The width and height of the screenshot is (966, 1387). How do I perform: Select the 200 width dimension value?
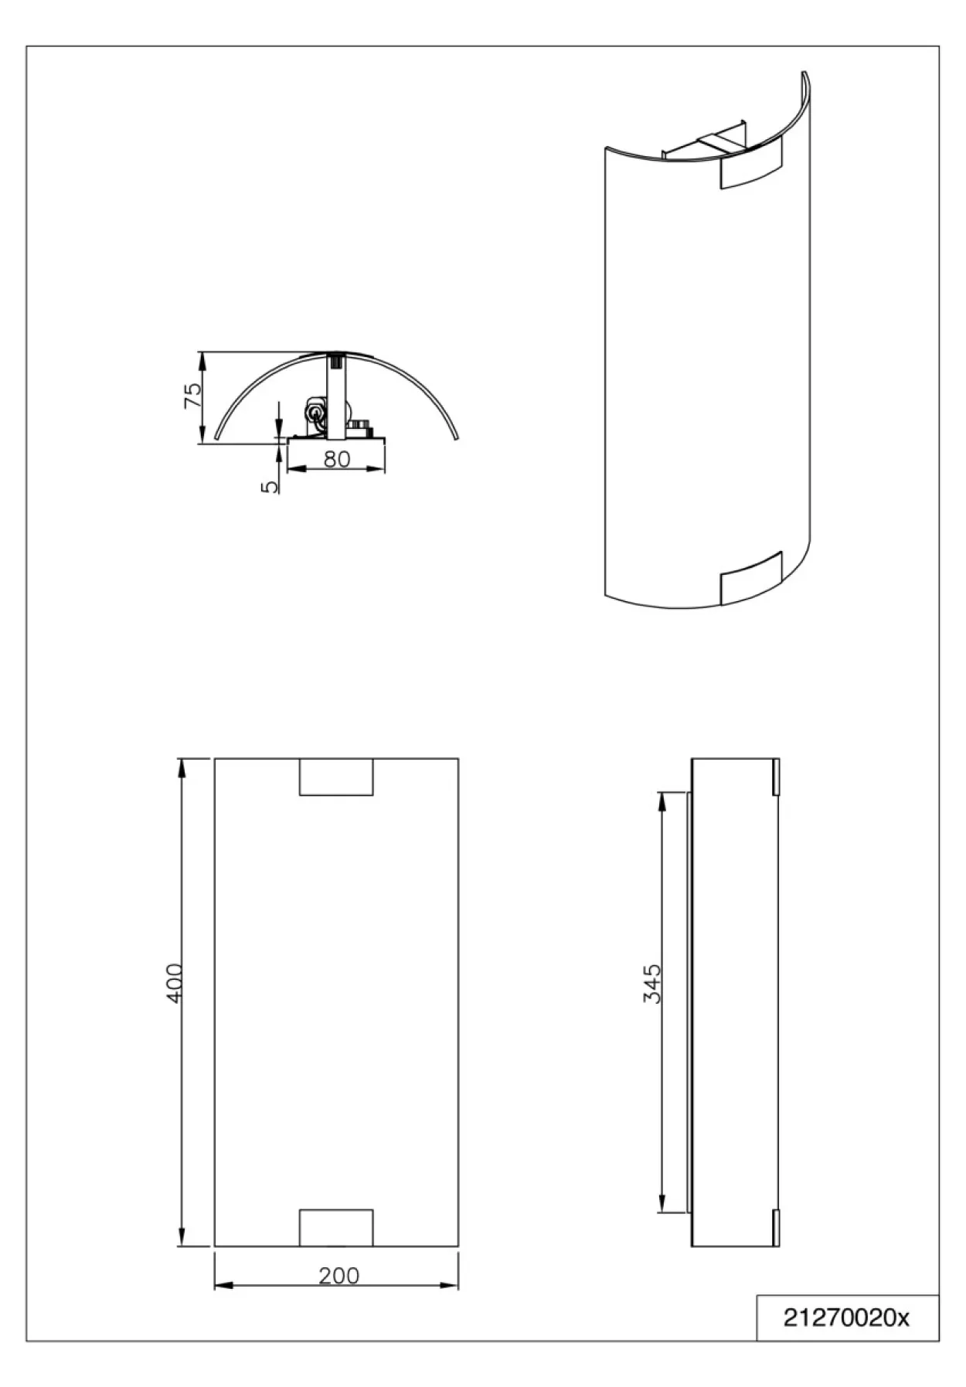click(x=338, y=1275)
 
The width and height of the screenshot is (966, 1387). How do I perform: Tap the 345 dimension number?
click(x=652, y=983)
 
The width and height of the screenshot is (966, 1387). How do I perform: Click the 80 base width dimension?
click(x=336, y=458)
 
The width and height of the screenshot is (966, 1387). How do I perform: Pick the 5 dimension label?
click(x=270, y=487)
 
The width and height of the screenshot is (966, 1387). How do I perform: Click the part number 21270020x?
click(x=847, y=1317)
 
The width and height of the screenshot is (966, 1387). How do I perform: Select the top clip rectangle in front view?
click(x=336, y=777)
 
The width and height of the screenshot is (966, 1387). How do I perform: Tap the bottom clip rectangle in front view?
click(x=336, y=1228)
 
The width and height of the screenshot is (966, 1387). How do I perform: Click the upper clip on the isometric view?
click(x=750, y=164)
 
